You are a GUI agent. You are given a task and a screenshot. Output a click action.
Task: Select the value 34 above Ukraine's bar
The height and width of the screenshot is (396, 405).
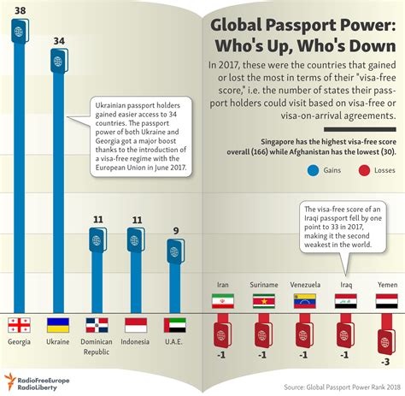(x=57, y=40)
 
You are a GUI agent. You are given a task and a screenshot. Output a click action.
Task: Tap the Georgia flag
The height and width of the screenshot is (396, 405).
(x=19, y=325)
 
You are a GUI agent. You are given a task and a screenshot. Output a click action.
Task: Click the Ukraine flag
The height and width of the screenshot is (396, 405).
(x=58, y=325)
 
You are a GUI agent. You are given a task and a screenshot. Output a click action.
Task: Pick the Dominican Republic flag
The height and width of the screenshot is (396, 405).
(x=97, y=325)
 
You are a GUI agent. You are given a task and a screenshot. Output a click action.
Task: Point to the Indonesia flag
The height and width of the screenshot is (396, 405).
(x=137, y=325)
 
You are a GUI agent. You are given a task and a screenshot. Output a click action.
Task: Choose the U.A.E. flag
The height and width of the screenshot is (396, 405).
(x=175, y=325)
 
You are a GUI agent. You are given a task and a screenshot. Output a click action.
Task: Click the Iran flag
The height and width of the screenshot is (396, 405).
(x=222, y=302)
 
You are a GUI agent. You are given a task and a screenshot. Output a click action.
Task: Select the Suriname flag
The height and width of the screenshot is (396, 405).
(x=263, y=302)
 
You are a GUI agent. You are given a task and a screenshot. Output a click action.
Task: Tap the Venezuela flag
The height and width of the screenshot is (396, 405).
(x=304, y=302)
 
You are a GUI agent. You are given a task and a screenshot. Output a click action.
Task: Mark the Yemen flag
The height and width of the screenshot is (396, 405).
(x=386, y=302)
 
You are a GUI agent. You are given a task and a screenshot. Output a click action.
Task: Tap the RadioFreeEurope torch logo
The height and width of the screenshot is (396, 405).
(x=9, y=381)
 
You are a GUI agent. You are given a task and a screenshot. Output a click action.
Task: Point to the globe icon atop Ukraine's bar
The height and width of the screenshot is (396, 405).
(x=57, y=62)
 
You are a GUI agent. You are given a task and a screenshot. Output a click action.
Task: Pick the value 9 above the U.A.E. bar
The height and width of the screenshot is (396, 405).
(x=175, y=229)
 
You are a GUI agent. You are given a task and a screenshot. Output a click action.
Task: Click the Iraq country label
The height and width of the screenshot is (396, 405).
(x=345, y=285)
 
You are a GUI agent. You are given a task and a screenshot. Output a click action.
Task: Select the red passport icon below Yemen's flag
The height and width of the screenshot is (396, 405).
(x=386, y=334)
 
